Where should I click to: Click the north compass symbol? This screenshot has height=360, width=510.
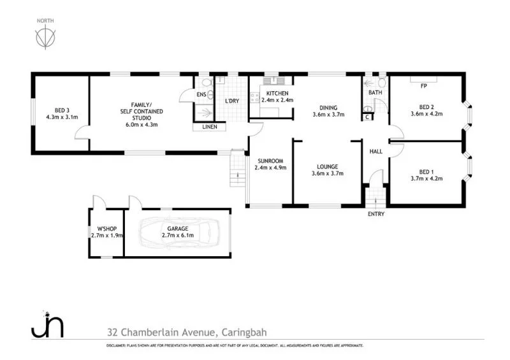(44, 38)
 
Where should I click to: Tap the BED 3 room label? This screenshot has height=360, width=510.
(62, 108)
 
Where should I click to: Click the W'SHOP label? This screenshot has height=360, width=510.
(106, 228)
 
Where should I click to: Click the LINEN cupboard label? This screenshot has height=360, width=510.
(209, 127)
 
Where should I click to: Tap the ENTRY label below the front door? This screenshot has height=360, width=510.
(376, 213)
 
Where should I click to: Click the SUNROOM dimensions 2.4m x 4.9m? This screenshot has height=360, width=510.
(271, 168)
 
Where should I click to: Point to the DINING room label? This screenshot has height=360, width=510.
(328, 108)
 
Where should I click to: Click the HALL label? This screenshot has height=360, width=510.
(376, 151)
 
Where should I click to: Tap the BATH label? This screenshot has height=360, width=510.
(375, 93)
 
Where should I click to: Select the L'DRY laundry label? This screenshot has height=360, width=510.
(231, 101)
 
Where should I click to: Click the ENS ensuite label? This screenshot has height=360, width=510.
(201, 95)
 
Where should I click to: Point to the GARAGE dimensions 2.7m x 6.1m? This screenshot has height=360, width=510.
(177, 235)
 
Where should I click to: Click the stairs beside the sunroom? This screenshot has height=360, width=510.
(238, 169)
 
